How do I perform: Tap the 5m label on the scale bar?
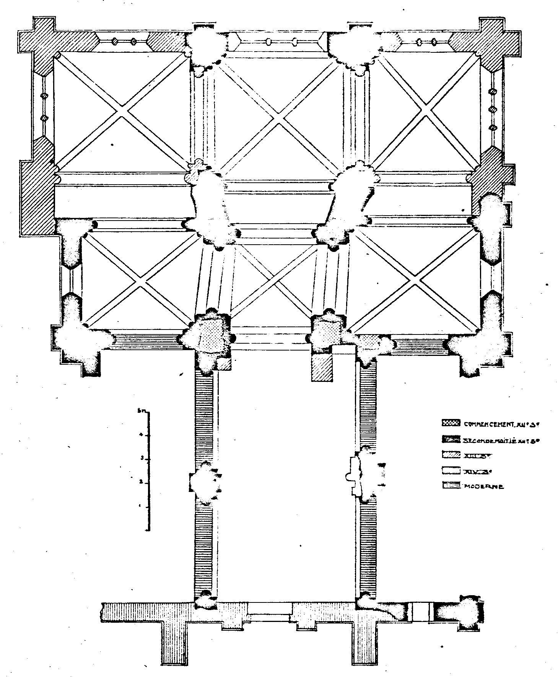click(x=140, y=411)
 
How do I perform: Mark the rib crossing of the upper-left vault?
click(x=122, y=111)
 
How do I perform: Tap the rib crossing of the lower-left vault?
click(x=140, y=281)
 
